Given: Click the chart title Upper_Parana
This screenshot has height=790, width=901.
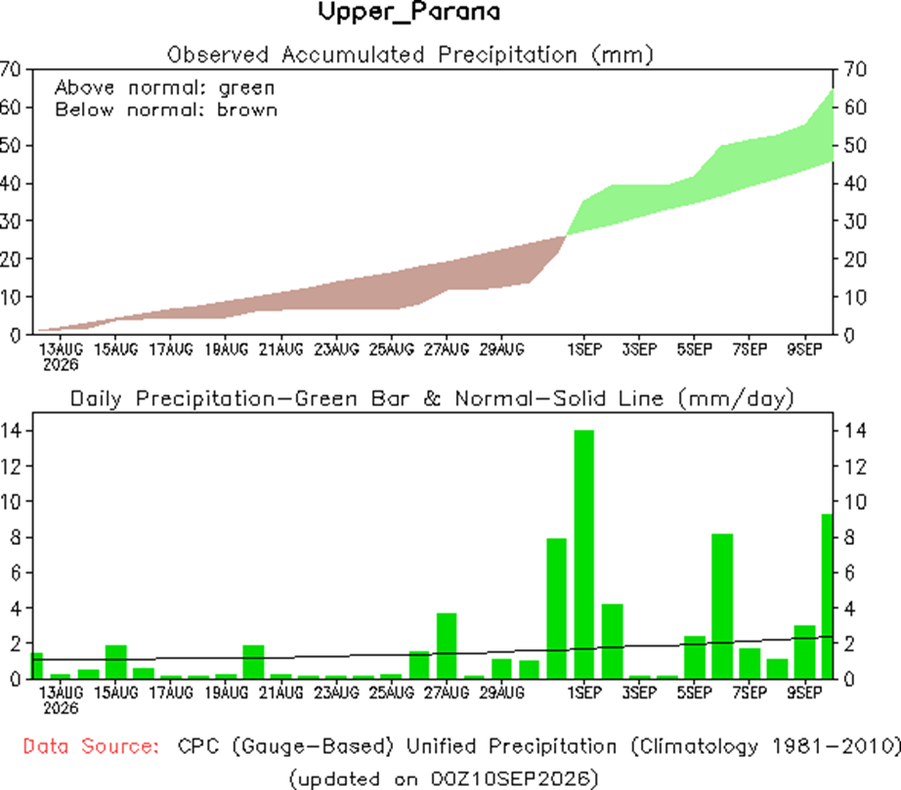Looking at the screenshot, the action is click(408, 12).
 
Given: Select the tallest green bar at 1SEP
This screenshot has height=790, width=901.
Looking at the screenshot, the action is click(583, 555).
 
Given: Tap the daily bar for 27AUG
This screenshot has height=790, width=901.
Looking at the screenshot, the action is click(447, 645).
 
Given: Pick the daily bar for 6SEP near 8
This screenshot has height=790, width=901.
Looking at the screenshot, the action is click(722, 606).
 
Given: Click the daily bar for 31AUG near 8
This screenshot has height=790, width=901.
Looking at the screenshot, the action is click(556, 608).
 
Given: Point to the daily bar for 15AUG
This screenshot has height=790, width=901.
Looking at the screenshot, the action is click(116, 662).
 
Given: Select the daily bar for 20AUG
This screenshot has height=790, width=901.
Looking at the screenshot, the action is click(253, 662).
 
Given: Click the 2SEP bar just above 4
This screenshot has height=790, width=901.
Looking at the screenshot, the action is click(612, 642).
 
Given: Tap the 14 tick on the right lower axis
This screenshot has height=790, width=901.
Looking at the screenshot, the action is click(855, 431).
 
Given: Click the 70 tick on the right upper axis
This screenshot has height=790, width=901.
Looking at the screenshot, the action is click(855, 69).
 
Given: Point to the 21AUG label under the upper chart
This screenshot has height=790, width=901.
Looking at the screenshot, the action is click(281, 349).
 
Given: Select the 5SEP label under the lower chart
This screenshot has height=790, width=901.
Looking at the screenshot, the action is click(694, 693).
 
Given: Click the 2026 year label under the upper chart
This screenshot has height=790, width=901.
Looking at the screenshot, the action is click(61, 364).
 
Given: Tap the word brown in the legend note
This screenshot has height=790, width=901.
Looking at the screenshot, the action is click(247, 109).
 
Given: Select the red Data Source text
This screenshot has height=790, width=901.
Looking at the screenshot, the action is click(91, 746).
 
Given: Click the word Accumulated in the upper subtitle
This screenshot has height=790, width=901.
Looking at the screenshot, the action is click(353, 55).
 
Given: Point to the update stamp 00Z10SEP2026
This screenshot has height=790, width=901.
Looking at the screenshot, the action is click(510, 779).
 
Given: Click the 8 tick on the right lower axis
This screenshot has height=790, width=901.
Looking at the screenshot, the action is click(849, 537).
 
